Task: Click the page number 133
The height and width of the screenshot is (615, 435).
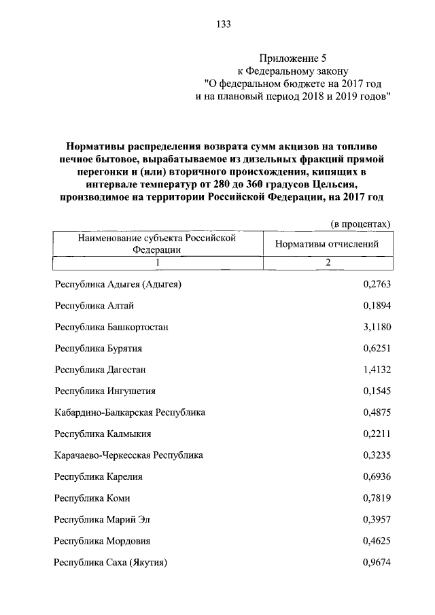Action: [224, 24]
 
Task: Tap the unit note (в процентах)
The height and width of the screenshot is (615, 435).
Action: [360, 224]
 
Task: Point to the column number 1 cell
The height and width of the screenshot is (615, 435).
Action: [157, 263]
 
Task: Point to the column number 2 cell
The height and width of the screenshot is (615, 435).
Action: [328, 263]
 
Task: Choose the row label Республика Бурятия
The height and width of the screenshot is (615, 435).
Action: [99, 348]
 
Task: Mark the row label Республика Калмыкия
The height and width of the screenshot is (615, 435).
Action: [103, 434]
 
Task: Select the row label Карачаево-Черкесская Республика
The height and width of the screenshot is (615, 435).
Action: [128, 455]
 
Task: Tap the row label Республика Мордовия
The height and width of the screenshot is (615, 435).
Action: [103, 541]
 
